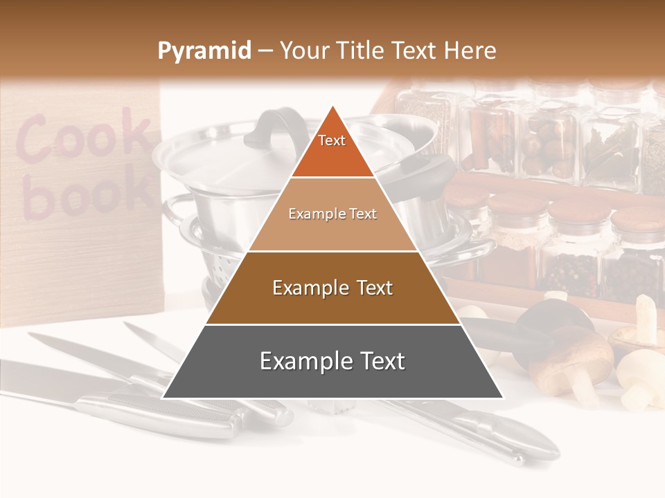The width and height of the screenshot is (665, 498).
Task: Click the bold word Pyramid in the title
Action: click(204, 51)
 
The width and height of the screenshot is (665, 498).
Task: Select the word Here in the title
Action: click(471, 51)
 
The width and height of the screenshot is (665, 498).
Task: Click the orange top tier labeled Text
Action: click(332, 149)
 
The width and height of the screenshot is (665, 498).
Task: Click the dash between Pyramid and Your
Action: click(265, 51)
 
